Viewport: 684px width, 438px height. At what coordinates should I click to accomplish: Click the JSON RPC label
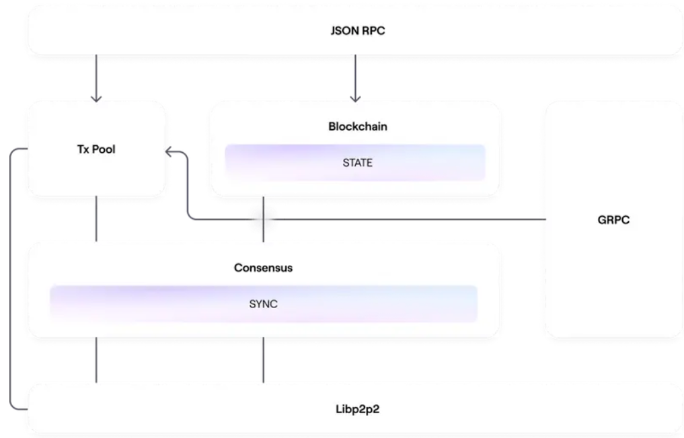(358, 30)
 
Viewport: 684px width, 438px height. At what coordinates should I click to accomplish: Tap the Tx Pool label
(96, 149)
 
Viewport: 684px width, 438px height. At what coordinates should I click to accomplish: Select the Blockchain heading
(358, 126)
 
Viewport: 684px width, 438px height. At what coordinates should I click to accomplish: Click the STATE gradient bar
(355, 163)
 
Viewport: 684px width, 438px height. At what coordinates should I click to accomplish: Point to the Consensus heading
(263, 268)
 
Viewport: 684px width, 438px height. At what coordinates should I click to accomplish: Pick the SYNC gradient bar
(264, 304)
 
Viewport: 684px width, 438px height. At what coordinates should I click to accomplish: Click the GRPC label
(613, 220)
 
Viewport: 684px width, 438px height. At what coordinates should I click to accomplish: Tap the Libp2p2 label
(357, 409)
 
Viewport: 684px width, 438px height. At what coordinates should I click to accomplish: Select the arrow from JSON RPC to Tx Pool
(96, 79)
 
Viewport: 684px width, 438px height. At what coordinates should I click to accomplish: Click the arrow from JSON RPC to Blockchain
(355, 79)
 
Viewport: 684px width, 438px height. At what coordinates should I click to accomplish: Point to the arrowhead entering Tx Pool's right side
(168, 152)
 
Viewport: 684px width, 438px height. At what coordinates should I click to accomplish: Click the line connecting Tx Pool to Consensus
(96, 219)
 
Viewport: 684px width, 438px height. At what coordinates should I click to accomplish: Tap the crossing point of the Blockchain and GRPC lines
(263, 219)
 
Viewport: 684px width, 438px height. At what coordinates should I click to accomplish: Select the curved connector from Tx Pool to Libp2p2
(10, 279)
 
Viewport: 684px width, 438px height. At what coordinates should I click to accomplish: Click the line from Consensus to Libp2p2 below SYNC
(263, 360)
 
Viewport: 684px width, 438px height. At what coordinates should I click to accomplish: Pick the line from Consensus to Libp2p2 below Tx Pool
(96, 360)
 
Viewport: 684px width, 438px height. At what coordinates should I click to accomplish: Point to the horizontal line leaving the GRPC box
(367, 219)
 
